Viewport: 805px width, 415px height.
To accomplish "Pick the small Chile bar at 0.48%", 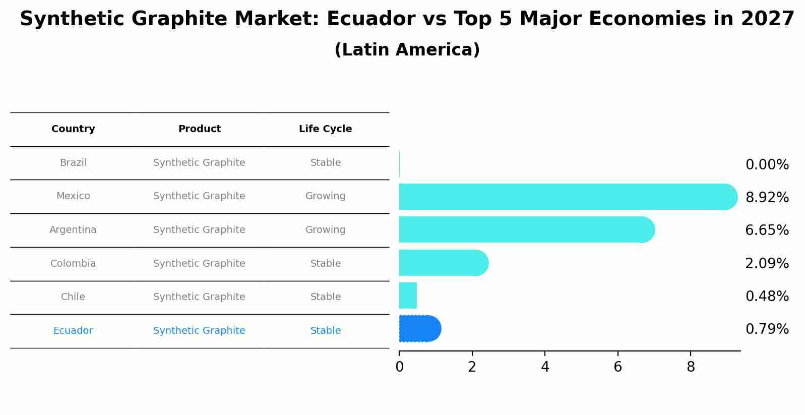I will coord(408,295).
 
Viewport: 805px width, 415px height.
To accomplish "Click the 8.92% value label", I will coord(767,198).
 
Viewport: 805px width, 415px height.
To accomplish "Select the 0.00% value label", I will coord(767,165).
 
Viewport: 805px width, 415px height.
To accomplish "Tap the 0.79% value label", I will coord(767,329).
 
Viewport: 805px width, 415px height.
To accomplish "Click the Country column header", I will coord(73,129).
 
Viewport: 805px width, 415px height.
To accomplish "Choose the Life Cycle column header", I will coord(325,129).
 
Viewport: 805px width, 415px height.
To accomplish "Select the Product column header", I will coord(199,129).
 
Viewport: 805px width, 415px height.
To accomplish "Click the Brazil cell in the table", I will coord(73,163).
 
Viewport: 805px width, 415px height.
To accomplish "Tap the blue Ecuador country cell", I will coord(73,331).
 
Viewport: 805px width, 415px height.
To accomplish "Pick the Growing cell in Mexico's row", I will coord(325,196).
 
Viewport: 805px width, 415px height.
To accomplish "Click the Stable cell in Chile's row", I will coord(325,297).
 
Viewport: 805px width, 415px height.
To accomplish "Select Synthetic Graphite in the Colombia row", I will coord(199,264).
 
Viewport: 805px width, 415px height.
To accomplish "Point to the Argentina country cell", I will coord(73,230).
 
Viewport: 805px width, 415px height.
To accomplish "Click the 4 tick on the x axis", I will coord(545,367).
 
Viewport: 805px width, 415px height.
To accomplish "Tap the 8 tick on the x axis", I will coord(691,367).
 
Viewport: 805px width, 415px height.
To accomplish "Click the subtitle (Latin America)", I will coord(407,50).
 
